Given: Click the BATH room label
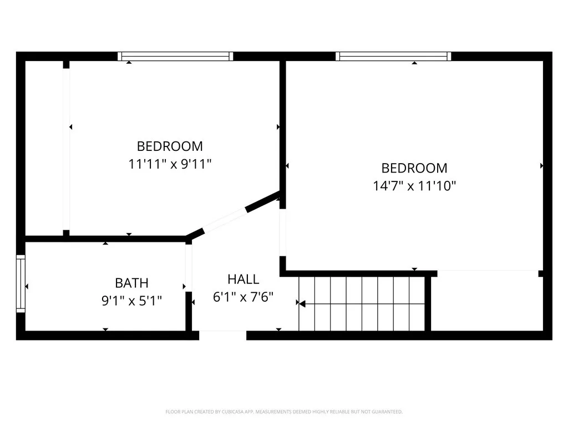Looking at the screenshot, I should coord(131,283).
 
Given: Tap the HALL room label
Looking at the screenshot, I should coord(243,279).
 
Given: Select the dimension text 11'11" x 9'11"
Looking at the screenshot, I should coord(170,164).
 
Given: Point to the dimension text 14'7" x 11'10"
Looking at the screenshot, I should coord(414,186).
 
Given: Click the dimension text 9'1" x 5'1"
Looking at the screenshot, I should coord(131,301).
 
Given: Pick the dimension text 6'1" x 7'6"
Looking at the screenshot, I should coord(243,297).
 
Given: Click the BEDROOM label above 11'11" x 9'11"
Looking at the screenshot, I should coord(170,146).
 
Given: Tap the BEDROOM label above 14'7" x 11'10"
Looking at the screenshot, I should coord(414,168).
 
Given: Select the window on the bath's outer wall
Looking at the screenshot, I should coord(21,283).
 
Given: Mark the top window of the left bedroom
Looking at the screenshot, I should coord(175,56).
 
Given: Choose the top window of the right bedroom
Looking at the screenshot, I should coord(393,56).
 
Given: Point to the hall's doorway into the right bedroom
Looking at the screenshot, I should coord(283,232).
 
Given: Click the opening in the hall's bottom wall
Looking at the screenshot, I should coord(222,334).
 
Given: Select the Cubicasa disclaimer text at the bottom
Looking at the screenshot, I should coord(284,412).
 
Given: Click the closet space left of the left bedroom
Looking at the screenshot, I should coord(46,148).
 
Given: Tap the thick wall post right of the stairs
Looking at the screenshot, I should coord(428,303).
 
